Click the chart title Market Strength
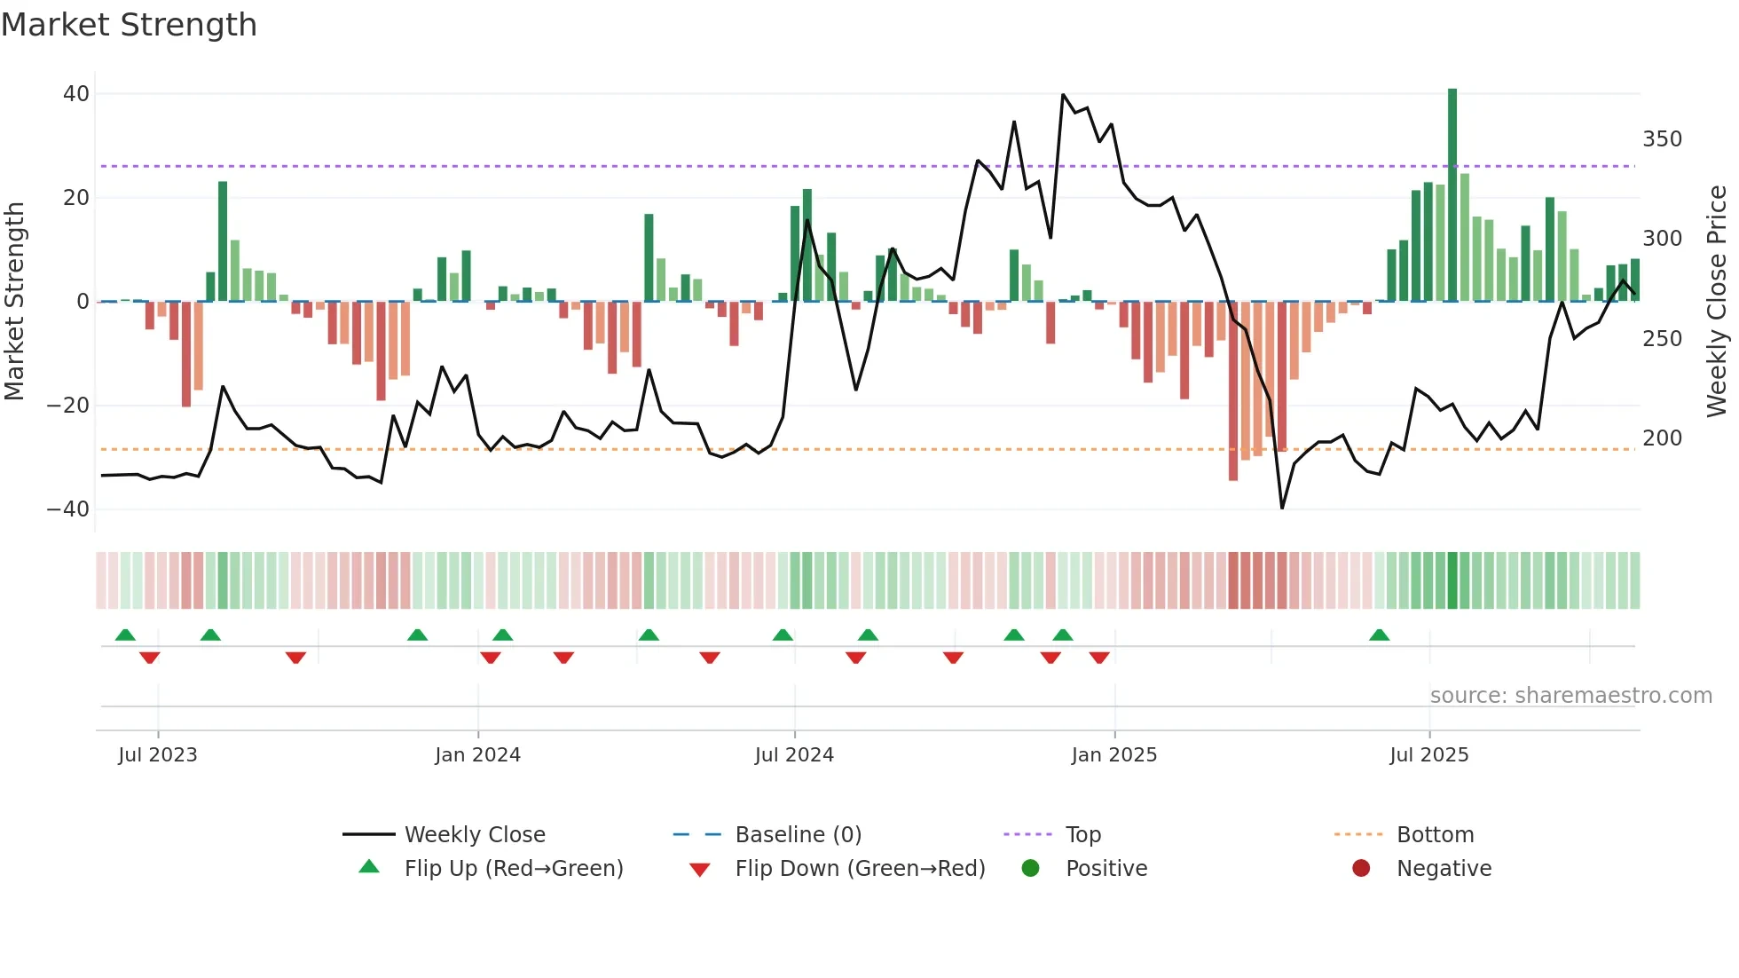click(x=129, y=25)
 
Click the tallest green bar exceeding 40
click(x=1452, y=195)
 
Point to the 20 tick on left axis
click(x=76, y=198)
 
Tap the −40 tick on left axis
click(x=68, y=509)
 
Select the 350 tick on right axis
click(x=1662, y=139)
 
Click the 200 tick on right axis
click(x=1662, y=438)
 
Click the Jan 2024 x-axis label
click(x=477, y=755)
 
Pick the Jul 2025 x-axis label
click(x=1428, y=755)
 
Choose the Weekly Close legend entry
click(x=474, y=835)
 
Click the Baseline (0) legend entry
click(x=798, y=835)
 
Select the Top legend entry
click(x=1082, y=835)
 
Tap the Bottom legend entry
click(x=1435, y=835)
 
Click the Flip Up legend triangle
click(x=369, y=867)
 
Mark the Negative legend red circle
click(x=1361, y=868)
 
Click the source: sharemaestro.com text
click(x=1570, y=696)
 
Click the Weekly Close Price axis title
click(x=1718, y=302)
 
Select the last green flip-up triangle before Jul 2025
click(x=1379, y=635)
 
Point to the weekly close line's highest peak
click(x=1063, y=94)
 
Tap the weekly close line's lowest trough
click(x=1282, y=508)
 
